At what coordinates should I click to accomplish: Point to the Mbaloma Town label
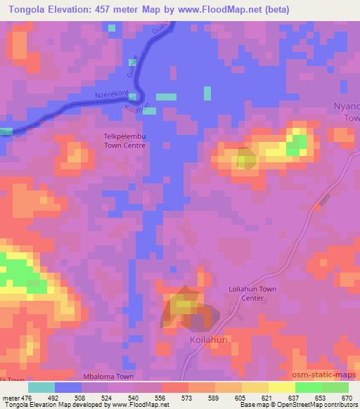click(x=108, y=377)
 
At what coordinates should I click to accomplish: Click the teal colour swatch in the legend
click(x=41, y=387)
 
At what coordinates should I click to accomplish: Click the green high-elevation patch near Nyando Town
click(x=296, y=144)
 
